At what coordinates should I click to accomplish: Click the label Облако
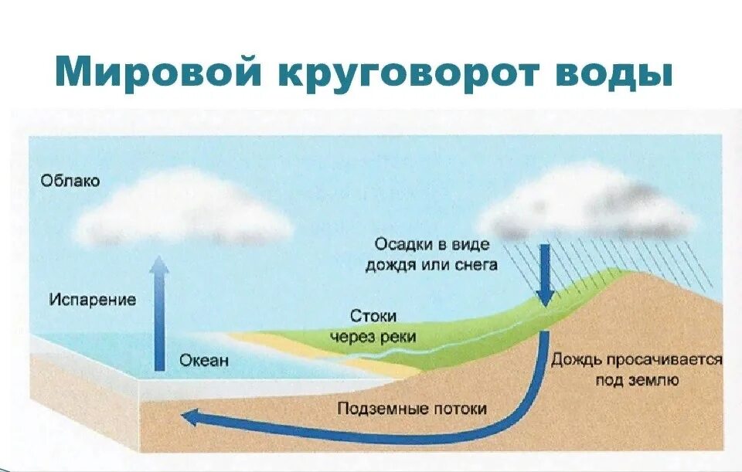[70, 182]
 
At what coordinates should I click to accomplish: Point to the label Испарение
[92, 299]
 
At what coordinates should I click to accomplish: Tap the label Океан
[204, 361]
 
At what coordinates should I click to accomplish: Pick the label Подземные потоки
[412, 408]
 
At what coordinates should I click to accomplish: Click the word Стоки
[373, 317]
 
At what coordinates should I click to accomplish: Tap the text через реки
[373, 337]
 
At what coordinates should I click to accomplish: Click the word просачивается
[665, 360]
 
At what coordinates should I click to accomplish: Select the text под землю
[636, 379]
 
